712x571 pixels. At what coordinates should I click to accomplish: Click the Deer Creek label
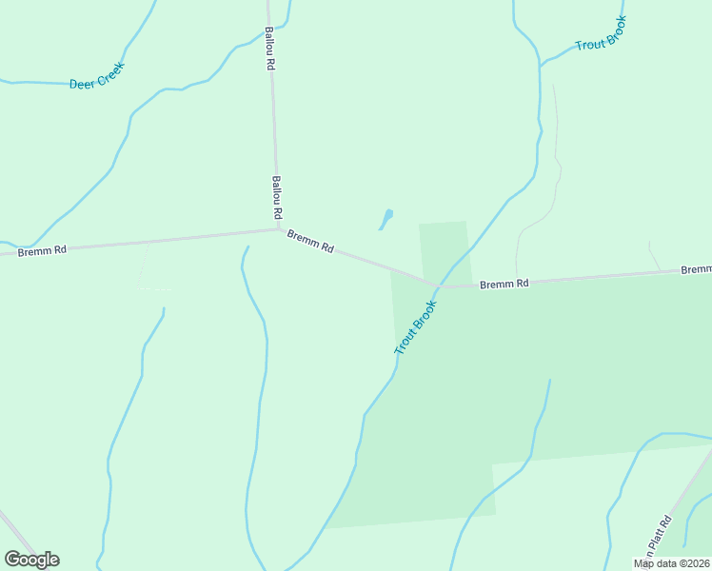coord(97,76)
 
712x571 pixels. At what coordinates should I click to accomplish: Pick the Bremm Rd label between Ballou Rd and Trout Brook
coord(310,242)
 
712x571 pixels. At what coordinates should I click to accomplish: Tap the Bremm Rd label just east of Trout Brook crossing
coord(504,284)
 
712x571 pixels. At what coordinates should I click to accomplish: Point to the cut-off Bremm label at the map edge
coord(696,270)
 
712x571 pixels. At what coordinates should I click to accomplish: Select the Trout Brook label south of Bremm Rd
coord(415,328)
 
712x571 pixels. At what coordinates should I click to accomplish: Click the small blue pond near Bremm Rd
coord(386,219)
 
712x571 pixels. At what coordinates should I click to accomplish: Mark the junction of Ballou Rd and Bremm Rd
coord(278,228)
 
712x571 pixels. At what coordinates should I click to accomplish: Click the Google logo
coord(32,559)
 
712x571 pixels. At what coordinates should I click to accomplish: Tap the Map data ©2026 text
coord(671,563)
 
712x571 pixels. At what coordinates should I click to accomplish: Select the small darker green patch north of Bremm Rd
coord(445,249)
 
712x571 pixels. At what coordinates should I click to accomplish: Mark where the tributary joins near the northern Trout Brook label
coord(541,66)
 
